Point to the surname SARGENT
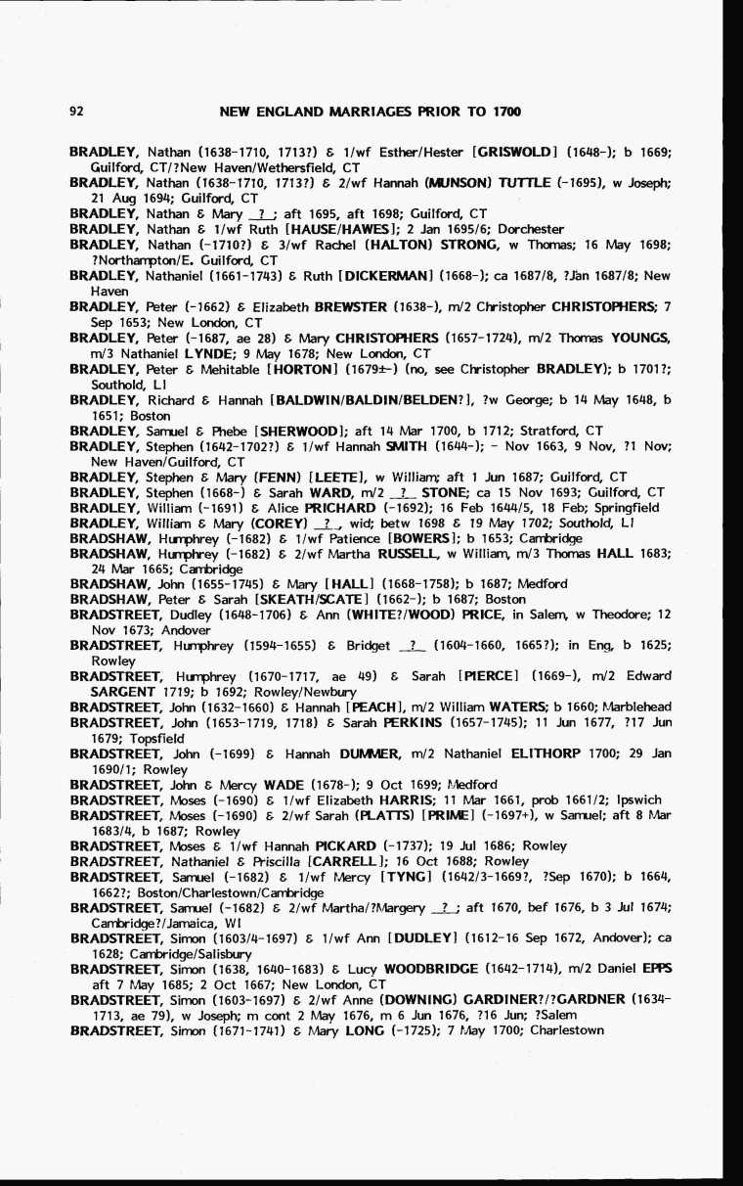coord(123,691)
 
